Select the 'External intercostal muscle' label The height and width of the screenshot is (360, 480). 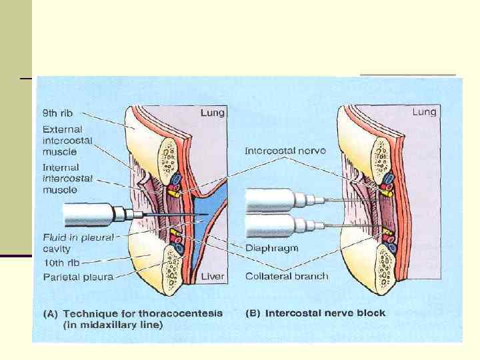(x=67, y=141)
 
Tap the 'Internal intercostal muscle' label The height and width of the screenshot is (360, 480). (x=67, y=179)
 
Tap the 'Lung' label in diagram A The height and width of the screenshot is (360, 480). (x=213, y=113)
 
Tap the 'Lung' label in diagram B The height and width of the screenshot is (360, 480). (x=424, y=112)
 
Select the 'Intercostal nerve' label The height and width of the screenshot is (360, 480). (x=285, y=151)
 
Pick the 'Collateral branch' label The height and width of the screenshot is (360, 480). (x=286, y=276)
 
